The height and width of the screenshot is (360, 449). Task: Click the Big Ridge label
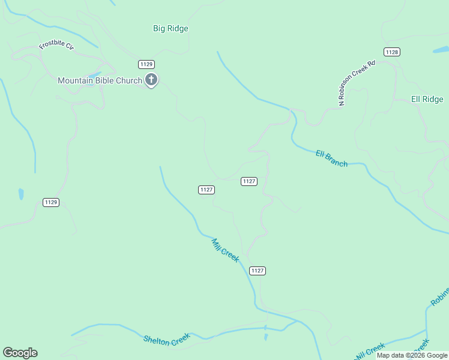[170, 28]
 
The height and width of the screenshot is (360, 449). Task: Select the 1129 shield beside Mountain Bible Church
[146, 64]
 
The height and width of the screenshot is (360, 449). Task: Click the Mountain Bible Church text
[100, 80]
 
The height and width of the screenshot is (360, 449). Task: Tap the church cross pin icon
[151, 79]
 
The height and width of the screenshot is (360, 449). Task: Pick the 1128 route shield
[391, 52]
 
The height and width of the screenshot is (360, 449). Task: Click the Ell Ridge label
[427, 99]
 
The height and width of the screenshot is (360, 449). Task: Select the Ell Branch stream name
[331, 158]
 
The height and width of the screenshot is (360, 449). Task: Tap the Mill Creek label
[225, 250]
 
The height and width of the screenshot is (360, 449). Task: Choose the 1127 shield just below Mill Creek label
[257, 271]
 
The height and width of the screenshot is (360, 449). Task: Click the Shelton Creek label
[166, 338]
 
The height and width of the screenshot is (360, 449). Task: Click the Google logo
[20, 353]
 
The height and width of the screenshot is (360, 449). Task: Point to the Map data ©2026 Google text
[412, 355]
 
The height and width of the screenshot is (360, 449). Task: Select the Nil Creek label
[370, 352]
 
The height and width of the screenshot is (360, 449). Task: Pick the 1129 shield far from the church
[51, 202]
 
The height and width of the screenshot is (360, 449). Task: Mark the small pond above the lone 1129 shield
[21, 194]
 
